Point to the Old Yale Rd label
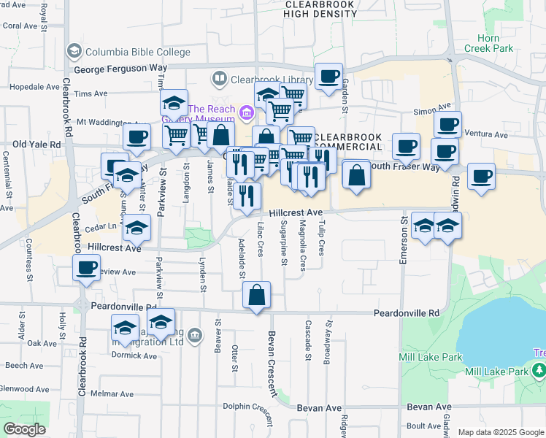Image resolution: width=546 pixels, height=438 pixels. tap(35, 145)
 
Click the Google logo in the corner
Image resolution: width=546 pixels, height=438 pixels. tap(24, 429)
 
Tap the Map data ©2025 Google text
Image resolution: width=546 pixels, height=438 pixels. tap(500, 432)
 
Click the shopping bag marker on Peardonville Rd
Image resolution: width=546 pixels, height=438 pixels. tap(256, 296)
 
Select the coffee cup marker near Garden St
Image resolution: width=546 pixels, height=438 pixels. tap(328, 76)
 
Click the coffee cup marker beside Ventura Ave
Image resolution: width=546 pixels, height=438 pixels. tap(447, 123)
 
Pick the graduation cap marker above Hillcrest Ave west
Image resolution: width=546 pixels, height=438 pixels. tap(136, 228)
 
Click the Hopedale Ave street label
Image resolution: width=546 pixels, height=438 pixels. tap(30, 86)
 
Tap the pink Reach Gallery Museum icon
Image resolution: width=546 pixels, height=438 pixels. tap(247, 112)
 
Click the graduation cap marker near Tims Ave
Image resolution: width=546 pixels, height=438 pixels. tap(174, 103)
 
